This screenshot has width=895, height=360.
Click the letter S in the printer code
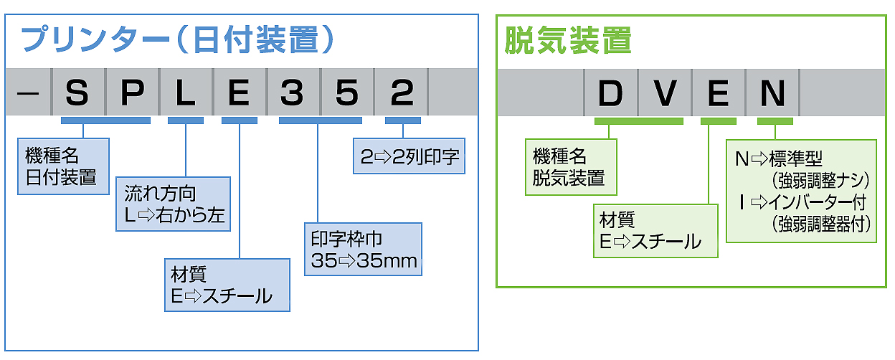(x=77, y=92)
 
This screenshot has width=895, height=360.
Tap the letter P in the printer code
(x=131, y=92)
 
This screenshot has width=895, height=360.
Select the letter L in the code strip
(x=185, y=92)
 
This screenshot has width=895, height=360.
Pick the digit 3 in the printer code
(x=292, y=92)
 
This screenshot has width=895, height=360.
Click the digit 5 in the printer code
(x=346, y=92)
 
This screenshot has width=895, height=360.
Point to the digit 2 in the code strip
(x=402, y=92)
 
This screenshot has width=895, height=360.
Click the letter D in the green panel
(x=610, y=93)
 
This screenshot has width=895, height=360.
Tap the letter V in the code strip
(x=665, y=93)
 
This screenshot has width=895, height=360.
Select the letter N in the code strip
(x=773, y=93)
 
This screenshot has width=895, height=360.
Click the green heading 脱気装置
(x=567, y=40)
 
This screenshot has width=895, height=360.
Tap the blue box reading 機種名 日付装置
(x=63, y=166)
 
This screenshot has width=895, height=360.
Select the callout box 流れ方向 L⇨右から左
(x=173, y=204)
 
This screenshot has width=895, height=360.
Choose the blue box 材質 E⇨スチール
(x=227, y=285)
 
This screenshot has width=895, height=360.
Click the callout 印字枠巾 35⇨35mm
(x=363, y=249)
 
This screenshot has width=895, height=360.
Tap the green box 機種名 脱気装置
(x=571, y=167)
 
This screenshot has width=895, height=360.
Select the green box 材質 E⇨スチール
(x=655, y=231)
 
